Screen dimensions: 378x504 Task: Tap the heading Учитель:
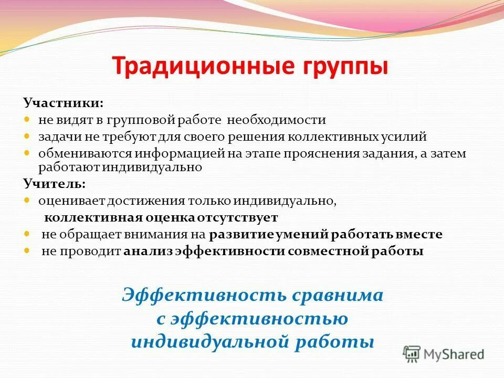(54, 184)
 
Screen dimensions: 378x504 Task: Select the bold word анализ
(149, 251)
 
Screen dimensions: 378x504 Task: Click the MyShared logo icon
(412, 353)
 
